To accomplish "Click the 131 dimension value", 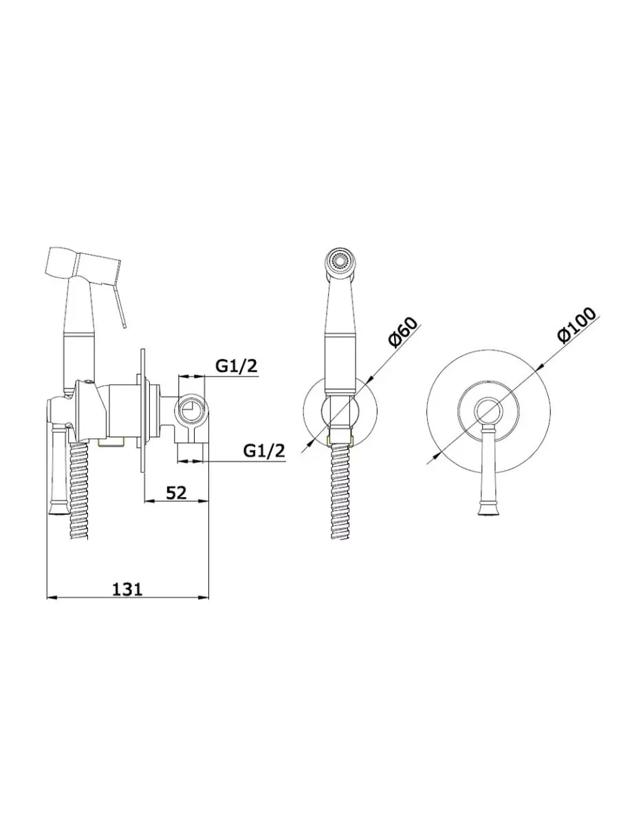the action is coord(128,589).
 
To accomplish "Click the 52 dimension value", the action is coord(176,493).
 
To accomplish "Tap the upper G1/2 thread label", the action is coord(237,365).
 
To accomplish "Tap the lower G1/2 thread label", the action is coord(265,450).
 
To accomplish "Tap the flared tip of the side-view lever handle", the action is coord(57,507).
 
